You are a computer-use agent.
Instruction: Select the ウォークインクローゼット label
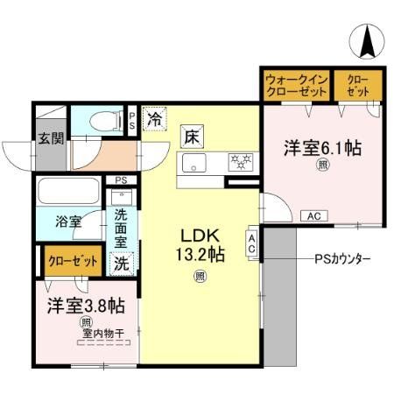[296, 85]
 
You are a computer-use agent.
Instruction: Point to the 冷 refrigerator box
[154, 116]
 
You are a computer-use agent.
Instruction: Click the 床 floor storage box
[192, 136]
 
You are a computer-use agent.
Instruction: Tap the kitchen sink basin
[193, 162]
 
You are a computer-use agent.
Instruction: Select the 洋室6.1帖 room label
[321, 148]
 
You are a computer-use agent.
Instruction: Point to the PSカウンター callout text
[342, 259]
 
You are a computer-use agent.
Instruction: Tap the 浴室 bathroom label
[68, 222]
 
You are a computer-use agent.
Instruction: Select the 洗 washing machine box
[120, 260]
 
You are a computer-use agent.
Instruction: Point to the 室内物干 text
[100, 332]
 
